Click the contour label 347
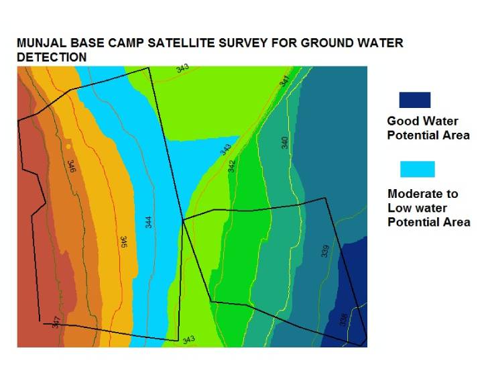pos(56,321)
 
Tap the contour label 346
pos(71,166)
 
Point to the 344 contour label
pos(149,221)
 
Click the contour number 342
pos(231,166)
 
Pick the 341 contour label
pos(284,81)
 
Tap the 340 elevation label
pos(284,142)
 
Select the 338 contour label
pos(343,320)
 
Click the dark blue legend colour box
pos(414,100)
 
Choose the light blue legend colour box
pos(417,169)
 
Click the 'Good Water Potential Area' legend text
pos(428,128)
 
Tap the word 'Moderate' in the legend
pos(414,194)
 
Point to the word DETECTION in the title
pos(52,58)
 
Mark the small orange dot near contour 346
pos(68,146)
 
